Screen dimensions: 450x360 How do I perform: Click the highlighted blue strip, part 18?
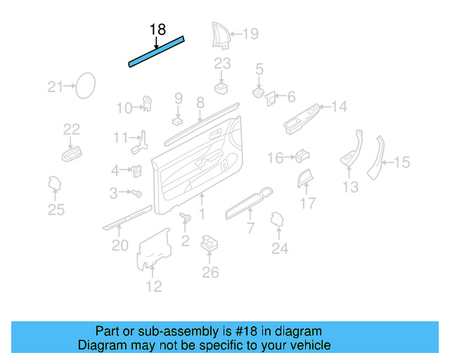coord(156,52)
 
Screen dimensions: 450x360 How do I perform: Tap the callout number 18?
coord(157,30)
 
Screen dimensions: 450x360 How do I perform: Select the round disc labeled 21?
coord(86,86)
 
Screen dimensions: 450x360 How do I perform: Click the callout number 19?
coord(250,33)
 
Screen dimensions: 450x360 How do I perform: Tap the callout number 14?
coord(339,107)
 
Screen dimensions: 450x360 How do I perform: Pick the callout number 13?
coord(350,186)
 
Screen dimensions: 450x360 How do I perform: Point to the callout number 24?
coord(280,247)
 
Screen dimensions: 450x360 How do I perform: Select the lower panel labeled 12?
coord(156,250)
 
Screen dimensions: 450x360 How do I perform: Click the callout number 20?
coord(120,245)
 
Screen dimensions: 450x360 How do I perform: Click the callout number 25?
coord(56,209)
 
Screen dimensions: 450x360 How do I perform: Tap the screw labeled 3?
coord(138,193)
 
